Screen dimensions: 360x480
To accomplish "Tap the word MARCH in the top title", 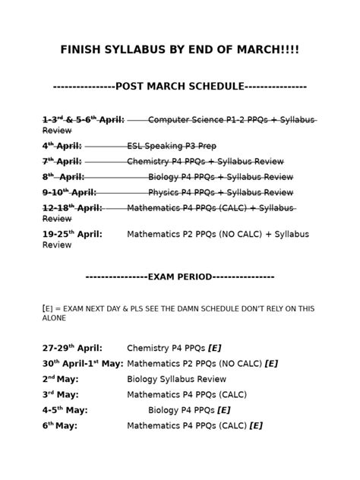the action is pyautogui.click(x=254, y=50).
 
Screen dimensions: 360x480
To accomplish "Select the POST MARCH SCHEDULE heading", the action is pyautogui.click(x=180, y=87).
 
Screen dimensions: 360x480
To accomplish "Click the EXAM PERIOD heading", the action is pyautogui.click(x=179, y=276).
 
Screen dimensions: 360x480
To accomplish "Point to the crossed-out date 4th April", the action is pyautogui.click(x=62, y=145).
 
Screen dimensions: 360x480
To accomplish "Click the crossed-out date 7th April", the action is pyautogui.click(x=62, y=161).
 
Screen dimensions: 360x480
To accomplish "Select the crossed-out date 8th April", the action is pyautogui.click(x=62, y=177).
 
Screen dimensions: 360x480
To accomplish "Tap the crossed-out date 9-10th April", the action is pyautogui.click(x=68, y=192).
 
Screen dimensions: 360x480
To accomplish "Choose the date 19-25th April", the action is pyautogui.click(x=72, y=234).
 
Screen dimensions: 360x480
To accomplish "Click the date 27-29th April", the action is pyautogui.click(x=72, y=347).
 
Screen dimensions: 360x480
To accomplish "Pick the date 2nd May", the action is pyautogui.click(x=60, y=378).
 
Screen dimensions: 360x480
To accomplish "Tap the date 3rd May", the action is pyautogui.click(x=60, y=393).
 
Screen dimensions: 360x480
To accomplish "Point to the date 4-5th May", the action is pyautogui.click(x=65, y=409).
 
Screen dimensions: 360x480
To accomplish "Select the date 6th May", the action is pyautogui.click(x=60, y=425).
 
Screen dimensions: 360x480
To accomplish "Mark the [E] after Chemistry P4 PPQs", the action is pyautogui.click(x=213, y=347).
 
